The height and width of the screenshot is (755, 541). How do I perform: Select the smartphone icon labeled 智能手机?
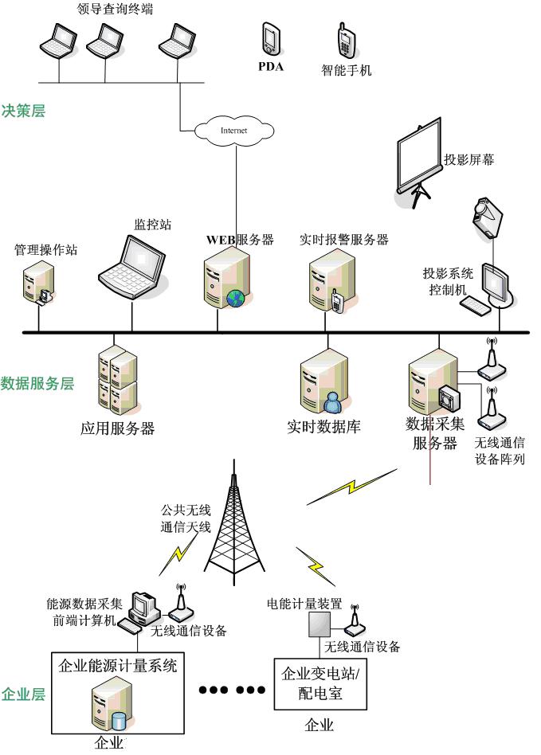346,41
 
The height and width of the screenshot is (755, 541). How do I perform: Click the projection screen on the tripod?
418,156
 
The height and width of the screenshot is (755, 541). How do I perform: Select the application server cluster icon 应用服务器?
117,379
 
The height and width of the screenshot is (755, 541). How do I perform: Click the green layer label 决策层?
24,111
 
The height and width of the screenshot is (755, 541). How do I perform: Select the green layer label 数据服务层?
37,383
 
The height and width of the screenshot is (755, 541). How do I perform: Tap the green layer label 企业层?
24,694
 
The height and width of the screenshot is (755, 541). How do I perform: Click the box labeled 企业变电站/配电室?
321,683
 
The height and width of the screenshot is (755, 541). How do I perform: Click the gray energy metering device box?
310,625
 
